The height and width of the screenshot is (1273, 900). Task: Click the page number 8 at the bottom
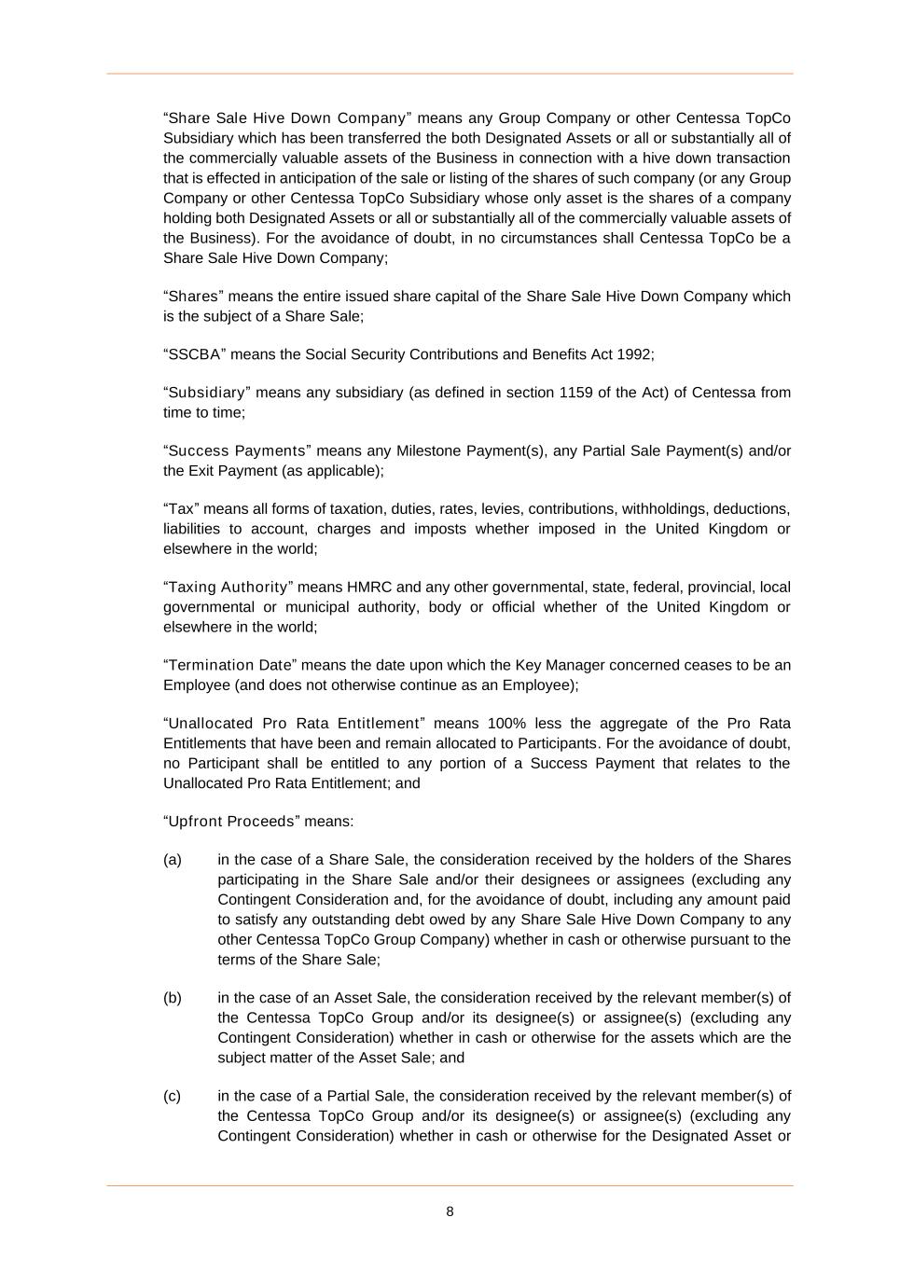pyautogui.click(x=450, y=1211)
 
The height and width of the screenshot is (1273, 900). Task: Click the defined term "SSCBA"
pyautogui.click(x=194, y=354)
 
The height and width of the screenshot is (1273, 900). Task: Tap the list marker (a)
pyautogui.click(x=173, y=860)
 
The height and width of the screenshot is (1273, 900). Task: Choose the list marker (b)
pyautogui.click(x=173, y=998)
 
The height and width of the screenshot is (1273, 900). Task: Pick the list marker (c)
pyautogui.click(x=173, y=1096)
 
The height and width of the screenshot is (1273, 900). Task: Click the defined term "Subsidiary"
pyautogui.click(x=207, y=393)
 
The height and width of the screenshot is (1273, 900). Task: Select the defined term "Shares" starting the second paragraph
pyautogui.click(x=190, y=297)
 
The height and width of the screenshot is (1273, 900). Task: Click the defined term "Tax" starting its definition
pyautogui.click(x=181, y=509)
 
